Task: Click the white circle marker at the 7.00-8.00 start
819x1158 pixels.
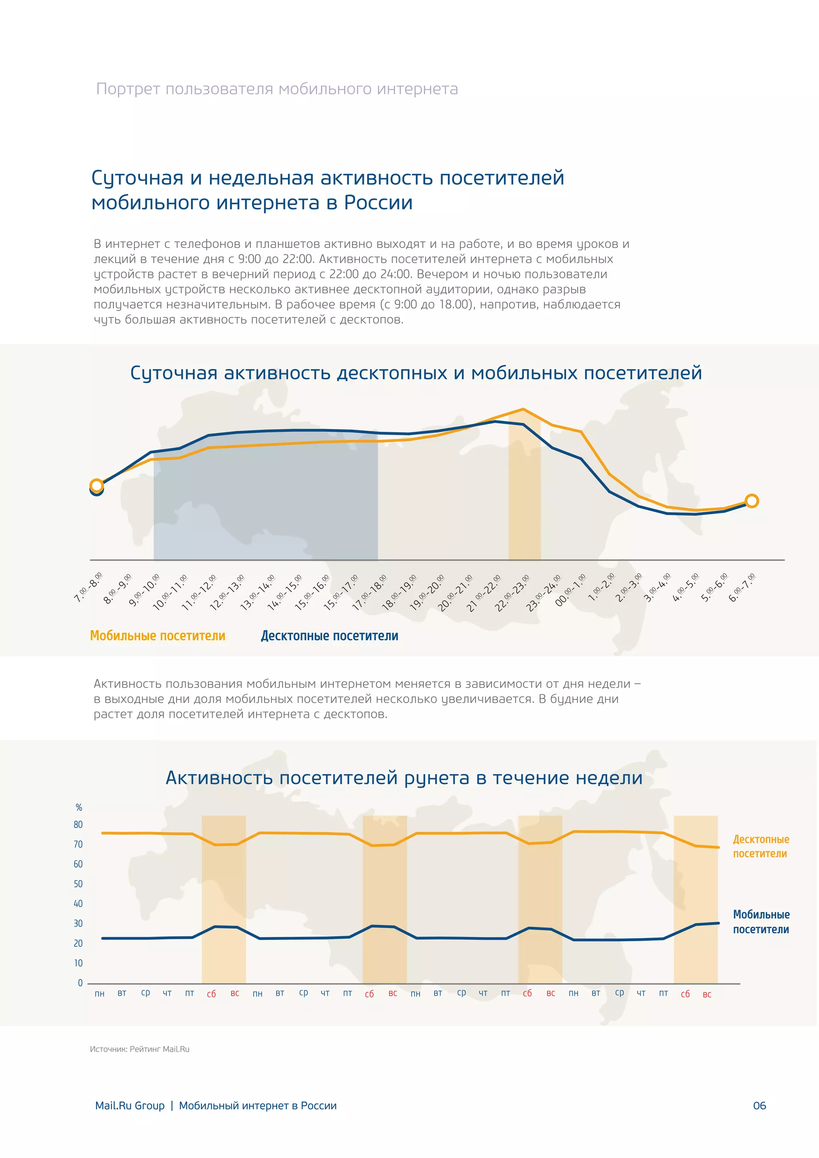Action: pyautogui.click(x=96, y=486)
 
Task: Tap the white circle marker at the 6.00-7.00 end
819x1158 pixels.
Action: pyautogui.click(x=751, y=501)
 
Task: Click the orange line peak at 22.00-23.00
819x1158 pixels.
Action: pyautogui.click(x=523, y=409)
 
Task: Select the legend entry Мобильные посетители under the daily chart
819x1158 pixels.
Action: pyautogui.click(x=157, y=636)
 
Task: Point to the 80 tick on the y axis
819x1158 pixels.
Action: pyautogui.click(x=78, y=825)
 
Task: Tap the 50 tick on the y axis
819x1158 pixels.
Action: pyautogui.click(x=78, y=884)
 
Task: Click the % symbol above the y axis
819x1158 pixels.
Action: pyautogui.click(x=79, y=807)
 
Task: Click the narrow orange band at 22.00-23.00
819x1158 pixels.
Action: pyautogui.click(x=525, y=504)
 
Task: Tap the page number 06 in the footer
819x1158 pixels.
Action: pyautogui.click(x=759, y=1106)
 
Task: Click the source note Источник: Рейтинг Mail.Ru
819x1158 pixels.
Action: pyautogui.click(x=140, y=1049)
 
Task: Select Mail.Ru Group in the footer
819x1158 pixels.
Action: pyautogui.click(x=130, y=1106)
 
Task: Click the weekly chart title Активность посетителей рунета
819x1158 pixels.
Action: pyautogui.click(x=404, y=778)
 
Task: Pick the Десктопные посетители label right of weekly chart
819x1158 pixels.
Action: pyautogui.click(x=761, y=847)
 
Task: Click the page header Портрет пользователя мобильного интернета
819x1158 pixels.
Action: pyautogui.click(x=277, y=89)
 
